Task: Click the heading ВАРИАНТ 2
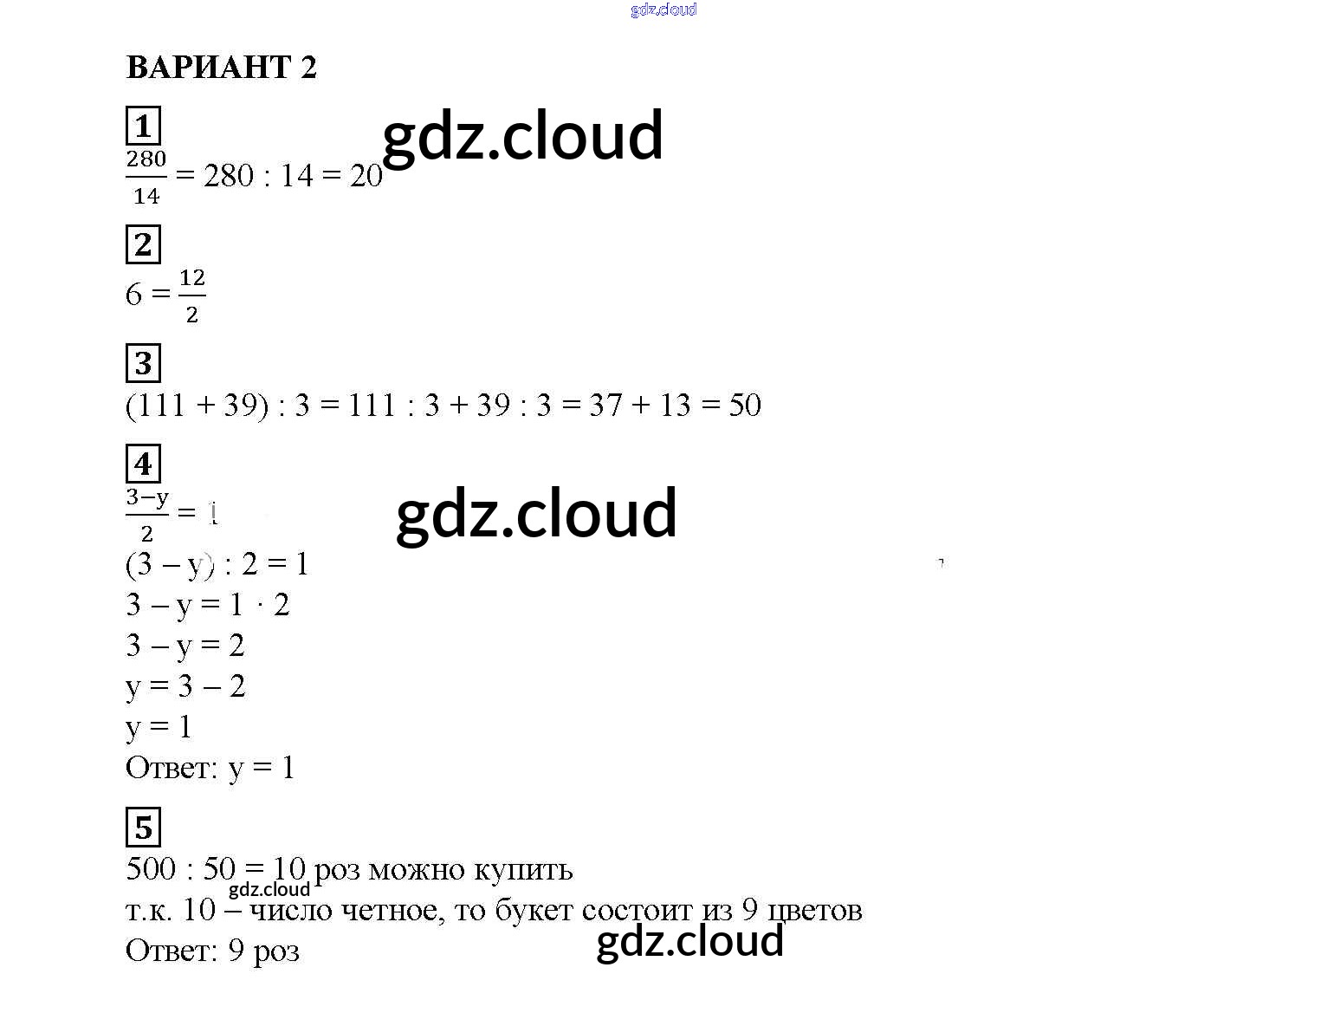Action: click(x=222, y=67)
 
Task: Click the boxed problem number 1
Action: click(x=143, y=126)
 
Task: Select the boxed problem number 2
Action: click(x=143, y=244)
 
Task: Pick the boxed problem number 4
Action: click(x=143, y=464)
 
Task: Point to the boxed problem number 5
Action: click(x=143, y=827)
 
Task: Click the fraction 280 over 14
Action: click(x=146, y=178)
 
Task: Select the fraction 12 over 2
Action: click(x=191, y=295)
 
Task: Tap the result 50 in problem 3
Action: click(x=744, y=405)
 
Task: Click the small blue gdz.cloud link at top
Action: click(x=663, y=10)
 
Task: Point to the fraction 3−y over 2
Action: click(x=147, y=515)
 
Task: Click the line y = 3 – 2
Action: click(x=185, y=686)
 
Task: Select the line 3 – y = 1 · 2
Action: click(x=207, y=605)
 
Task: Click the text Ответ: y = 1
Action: click(x=210, y=767)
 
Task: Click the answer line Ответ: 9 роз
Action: click(x=213, y=951)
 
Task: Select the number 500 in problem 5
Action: click(x=151, y=868)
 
